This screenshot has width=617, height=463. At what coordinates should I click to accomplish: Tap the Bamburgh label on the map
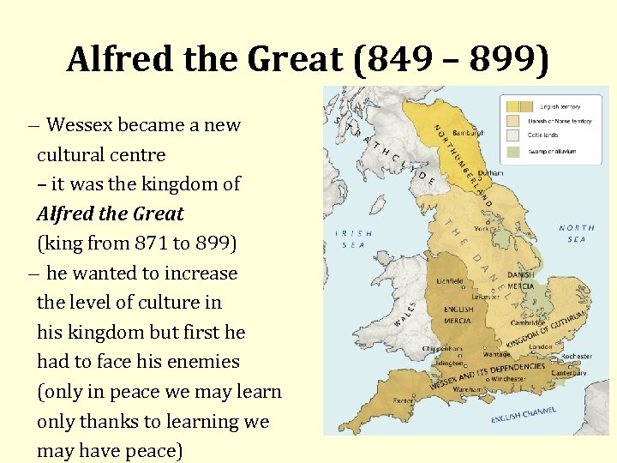pos(469,133)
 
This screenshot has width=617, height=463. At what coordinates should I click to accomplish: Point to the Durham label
pos(492,172)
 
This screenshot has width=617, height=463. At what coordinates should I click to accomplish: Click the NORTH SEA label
pos(577,233)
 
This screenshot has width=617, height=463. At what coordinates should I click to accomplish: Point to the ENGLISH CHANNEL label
pos(522,416)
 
